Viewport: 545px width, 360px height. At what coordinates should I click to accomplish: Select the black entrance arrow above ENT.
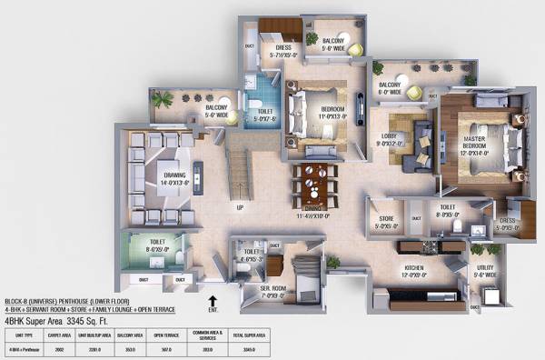(x=213, y=300)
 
